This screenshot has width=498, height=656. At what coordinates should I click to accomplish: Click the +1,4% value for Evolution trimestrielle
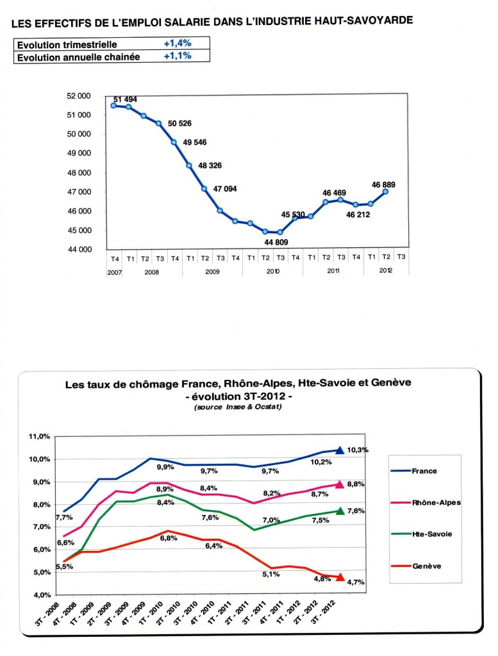(178, 43)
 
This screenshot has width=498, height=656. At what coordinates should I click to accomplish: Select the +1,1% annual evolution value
(178, 56)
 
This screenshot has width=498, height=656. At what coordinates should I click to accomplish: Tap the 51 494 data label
(125, 99)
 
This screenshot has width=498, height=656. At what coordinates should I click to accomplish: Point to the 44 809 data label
(276, 242)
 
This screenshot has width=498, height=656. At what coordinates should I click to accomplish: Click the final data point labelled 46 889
(385, 192)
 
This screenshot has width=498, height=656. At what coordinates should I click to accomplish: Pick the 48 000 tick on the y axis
(79, 173)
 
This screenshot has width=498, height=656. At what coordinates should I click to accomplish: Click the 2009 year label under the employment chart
(213, 272)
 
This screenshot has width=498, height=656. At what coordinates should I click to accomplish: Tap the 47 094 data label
(225, 189)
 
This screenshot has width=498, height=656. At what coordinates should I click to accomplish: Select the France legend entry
(424, 471)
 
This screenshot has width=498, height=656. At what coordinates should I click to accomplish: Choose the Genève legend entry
(426, 566)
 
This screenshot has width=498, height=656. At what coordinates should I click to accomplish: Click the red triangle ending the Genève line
(340, 577)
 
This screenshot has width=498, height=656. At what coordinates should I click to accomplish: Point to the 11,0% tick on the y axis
(39, 436)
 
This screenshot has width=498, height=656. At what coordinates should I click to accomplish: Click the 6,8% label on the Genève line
(169, 538)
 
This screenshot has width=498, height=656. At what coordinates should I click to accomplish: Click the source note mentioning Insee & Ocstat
(238, 407)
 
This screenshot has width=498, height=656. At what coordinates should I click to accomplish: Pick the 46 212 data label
(358, 215)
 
